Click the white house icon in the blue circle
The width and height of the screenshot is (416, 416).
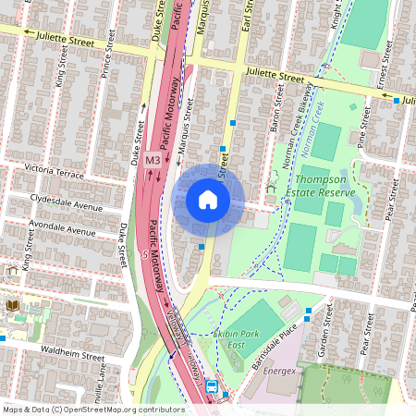click(x=208, y=200)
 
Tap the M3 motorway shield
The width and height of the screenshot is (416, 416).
click(x=153, y=159)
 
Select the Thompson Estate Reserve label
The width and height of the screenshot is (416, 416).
click(x=320, y=186)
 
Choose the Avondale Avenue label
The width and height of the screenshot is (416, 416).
click(x=63, y=227)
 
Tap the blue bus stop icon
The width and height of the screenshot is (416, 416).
click(x=212, y=387)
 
